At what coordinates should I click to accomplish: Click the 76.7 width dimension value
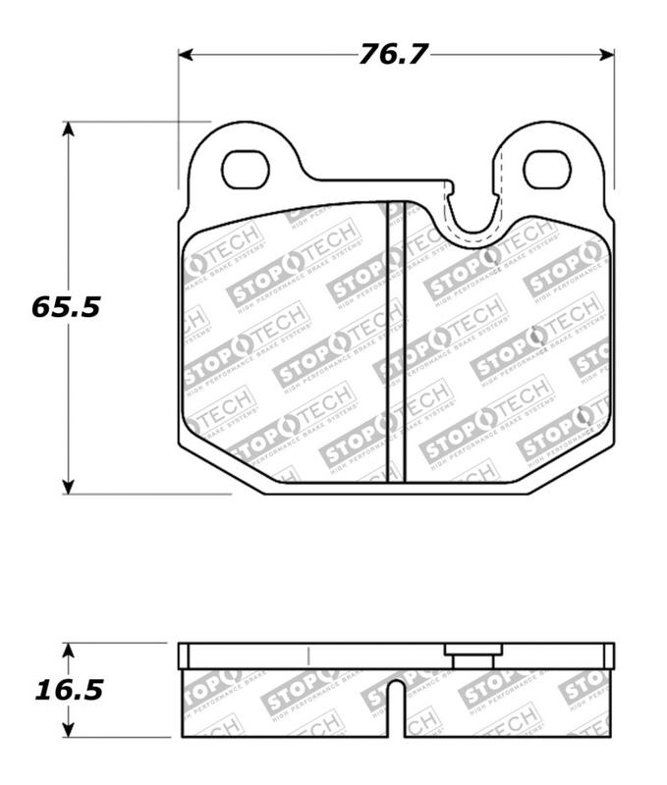[x=393, y=54]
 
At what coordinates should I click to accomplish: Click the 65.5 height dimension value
[x=66, y=307]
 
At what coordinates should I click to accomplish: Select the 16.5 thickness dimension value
[x=69, y=690]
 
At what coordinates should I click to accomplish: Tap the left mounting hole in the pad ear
[x=245, y=170]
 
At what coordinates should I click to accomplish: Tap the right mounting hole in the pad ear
[x=547, y=170]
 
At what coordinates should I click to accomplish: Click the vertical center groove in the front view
[x=395, y=343]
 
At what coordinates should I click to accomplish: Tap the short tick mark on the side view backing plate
[x=308, y=656]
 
